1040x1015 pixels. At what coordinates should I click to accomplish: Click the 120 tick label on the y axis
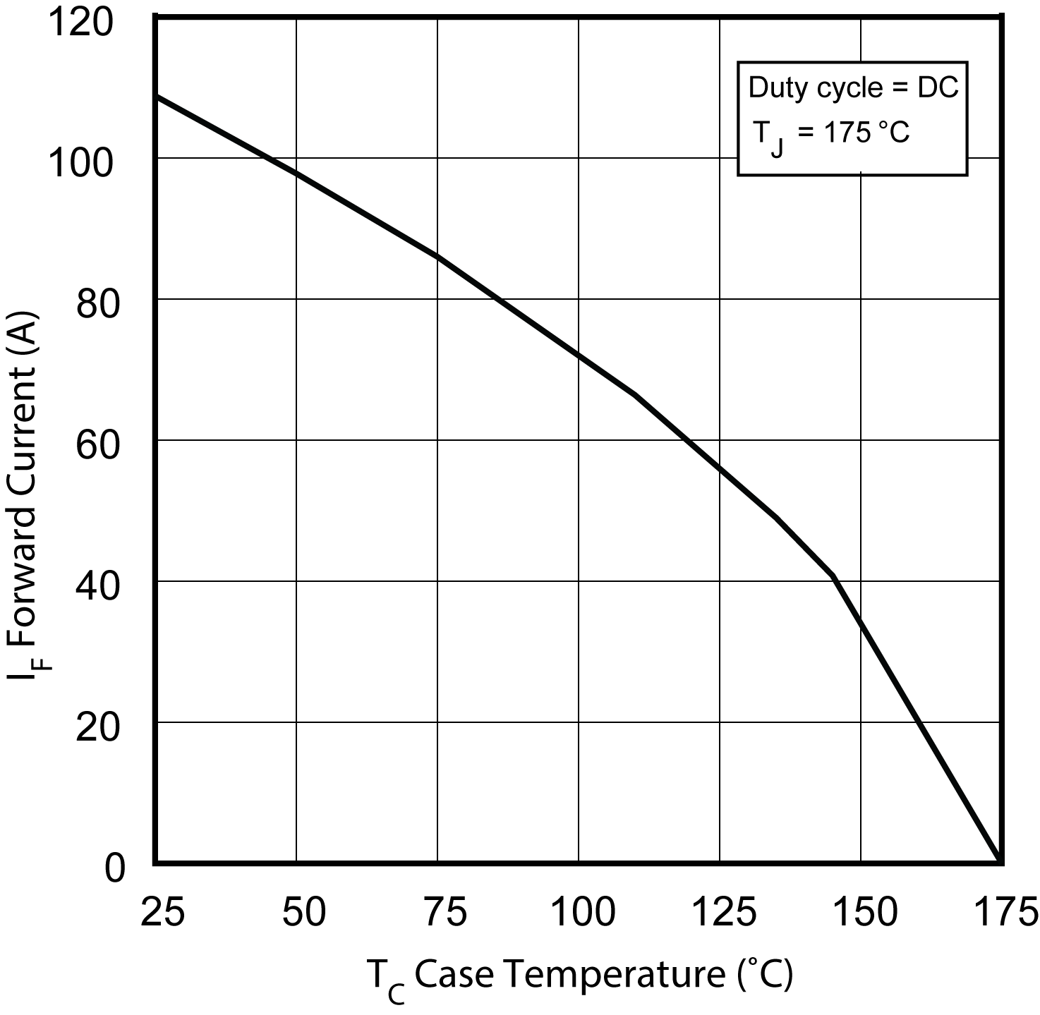click(79, 23)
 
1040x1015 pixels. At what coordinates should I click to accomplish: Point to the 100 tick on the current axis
click(79, 164)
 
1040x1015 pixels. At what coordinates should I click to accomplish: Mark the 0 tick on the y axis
click(114, 869)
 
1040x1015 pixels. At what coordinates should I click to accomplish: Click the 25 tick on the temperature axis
click(162, 912)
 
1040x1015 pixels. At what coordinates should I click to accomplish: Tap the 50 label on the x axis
click(303, 912)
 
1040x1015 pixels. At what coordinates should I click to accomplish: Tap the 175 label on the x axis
click(1005, 912)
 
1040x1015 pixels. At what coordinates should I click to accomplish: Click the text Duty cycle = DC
click(853, 87)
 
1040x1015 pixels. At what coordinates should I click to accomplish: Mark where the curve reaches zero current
click(1000, 861)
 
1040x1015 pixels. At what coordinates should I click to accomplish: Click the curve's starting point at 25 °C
click(157, 95)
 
